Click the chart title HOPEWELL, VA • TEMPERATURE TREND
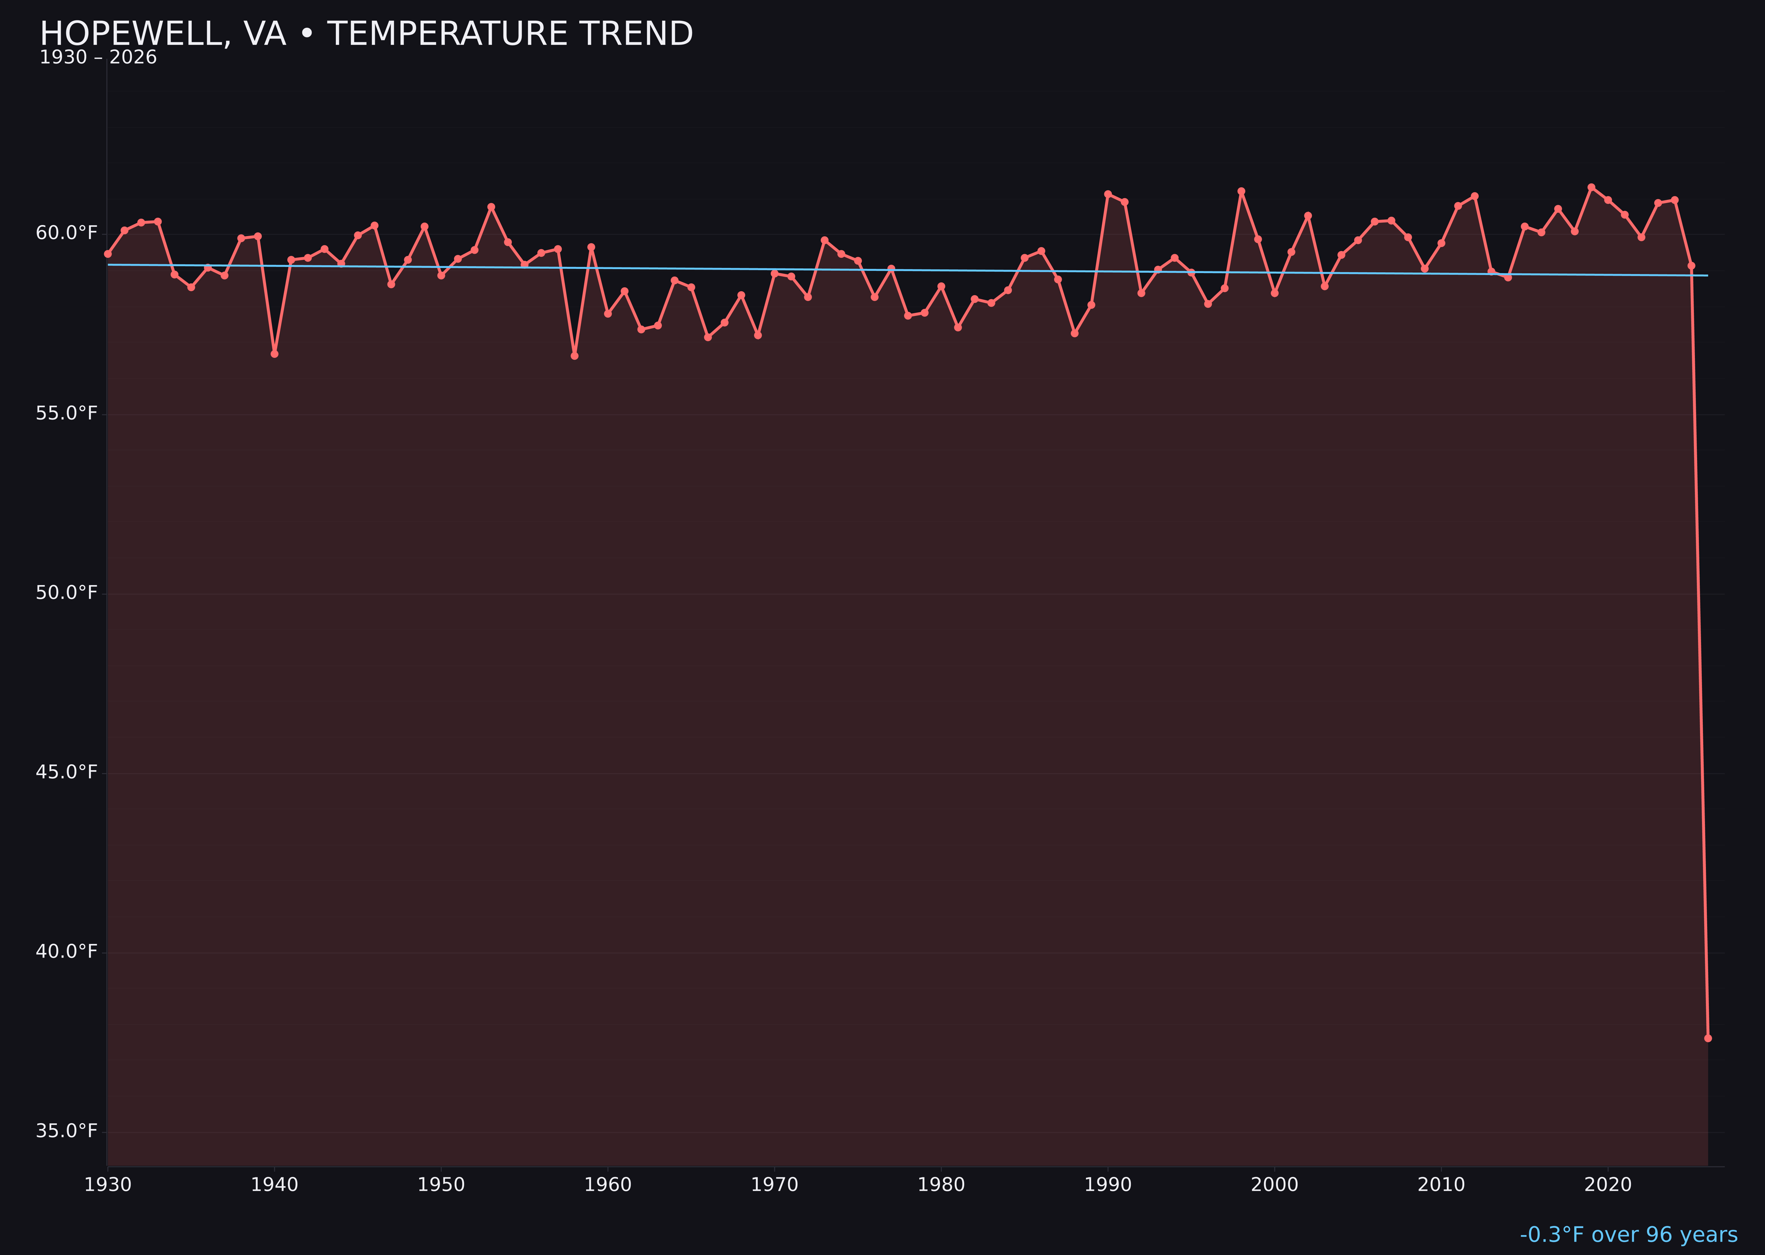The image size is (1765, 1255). [366, 34]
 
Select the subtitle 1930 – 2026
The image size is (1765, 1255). [98, 58]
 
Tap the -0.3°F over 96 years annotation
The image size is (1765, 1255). [1628, 1235]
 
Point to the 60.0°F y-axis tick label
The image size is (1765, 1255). [67, 233]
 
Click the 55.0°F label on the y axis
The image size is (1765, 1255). [67, 413]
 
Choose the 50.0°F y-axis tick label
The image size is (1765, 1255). [67, 593]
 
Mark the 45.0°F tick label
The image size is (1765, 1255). [67, 772]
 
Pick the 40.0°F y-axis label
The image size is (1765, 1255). [67, 951]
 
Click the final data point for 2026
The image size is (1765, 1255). [1708, 1038]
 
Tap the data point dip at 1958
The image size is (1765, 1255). [574, 356]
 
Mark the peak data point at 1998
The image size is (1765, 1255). [1241, 192]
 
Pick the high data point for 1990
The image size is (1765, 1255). [1108, 194]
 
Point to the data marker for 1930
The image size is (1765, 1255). [108, 253]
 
